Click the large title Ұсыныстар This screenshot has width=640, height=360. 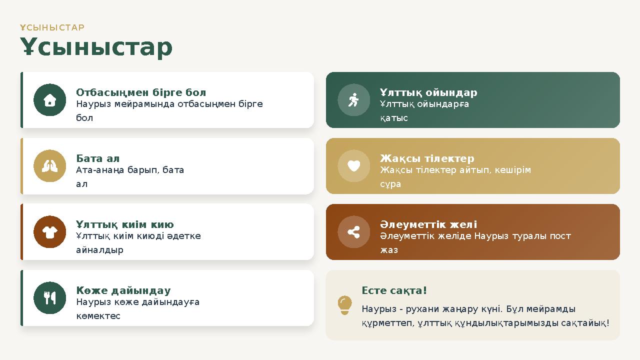coord(96,47)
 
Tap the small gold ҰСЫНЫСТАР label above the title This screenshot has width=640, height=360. coord(52,27)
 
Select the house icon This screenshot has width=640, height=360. coord(49,100)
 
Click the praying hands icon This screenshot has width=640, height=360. coord(49,166)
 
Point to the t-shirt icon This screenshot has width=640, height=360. coord(49,232)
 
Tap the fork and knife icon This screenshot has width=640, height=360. coord(49,298)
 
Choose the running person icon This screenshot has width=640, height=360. coord(353,100)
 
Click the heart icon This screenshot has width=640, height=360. coord(353,165)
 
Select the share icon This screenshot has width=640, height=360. coord(353,232)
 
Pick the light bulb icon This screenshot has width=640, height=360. coord(344,304)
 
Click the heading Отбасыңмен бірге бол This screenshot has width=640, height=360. coord(141,92)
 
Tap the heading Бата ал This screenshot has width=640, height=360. coord(98,158)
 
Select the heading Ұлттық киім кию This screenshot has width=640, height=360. coord(125,224)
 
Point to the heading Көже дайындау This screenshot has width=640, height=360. coord(123,290)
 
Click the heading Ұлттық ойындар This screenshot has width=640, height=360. coord(428,92)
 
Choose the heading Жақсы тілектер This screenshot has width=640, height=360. coord(427,158)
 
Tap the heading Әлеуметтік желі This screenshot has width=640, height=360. coord(428,224)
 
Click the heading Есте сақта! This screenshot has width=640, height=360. coord(394,290)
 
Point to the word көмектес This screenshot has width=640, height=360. coord(98,316)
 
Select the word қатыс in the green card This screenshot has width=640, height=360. coord(394,118)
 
